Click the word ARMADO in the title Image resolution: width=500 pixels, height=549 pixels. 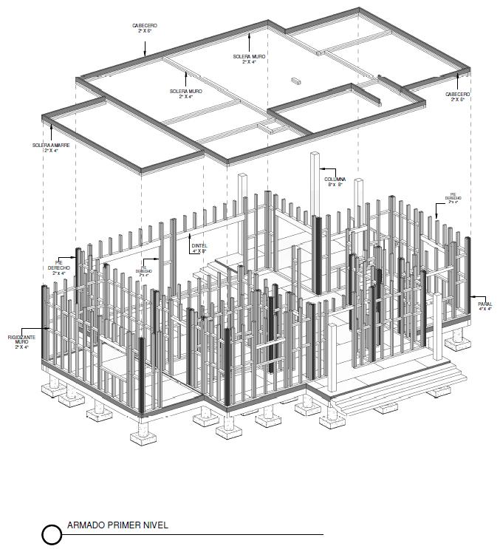[x=83, y=526]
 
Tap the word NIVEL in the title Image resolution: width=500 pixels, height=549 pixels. [x=156, y=526]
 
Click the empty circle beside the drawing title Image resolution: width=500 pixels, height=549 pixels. [x=52, y=534]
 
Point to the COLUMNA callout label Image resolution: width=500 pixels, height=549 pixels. [x=335, y=179]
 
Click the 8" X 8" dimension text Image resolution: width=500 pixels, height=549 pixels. [x=335, y=185]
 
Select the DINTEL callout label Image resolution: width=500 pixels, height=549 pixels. [x=199, y=245]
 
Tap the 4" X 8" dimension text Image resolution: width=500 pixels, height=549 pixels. [x=199, y=251]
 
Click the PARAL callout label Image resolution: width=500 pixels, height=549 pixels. [x=484, y=304]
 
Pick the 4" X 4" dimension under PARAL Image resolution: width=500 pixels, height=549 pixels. [x=484, y=309]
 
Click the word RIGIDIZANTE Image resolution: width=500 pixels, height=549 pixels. [x=22, y=337]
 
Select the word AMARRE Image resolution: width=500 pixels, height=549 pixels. [x=60, y=145]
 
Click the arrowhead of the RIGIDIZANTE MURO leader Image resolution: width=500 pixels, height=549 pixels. [x=42, y=327]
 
